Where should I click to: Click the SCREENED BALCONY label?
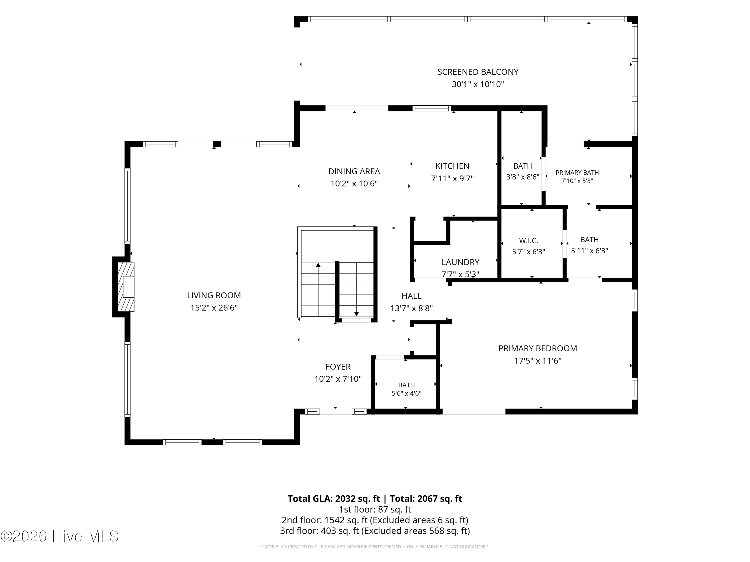coord(478,72)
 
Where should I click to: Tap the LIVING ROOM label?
coord(214,295)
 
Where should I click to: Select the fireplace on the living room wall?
coord(126,286)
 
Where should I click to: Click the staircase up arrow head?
coord(318,265)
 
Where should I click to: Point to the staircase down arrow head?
coord(356,314)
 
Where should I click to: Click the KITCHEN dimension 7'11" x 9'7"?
coord(452,179)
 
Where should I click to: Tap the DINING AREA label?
coord(354,171)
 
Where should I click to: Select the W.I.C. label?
coord(528,241)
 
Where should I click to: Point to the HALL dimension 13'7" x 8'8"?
coord(411,308)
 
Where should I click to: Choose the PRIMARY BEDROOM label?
coord(538,348)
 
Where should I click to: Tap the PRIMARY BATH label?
coord(577,172)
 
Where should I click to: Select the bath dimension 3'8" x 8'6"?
coord(523,177)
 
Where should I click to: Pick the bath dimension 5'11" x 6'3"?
coord(589,251)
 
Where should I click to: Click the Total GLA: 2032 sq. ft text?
coord(334,499)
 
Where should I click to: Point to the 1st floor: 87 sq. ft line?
coord(375,510)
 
